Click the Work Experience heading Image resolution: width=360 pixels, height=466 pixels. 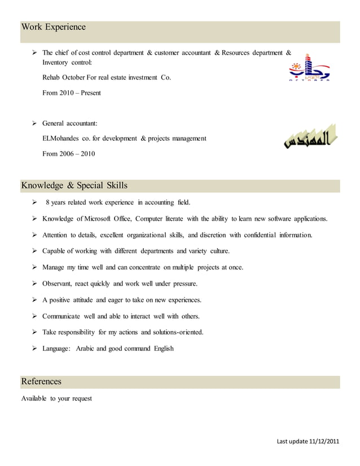(54, 27)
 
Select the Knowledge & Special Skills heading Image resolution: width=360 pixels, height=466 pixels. (74, 186)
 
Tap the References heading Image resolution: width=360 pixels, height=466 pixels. (41, 382)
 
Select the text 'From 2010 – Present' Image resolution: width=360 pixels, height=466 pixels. (71, 93)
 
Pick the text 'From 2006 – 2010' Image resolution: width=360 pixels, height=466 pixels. (69, 153)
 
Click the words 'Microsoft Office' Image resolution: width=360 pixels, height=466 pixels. (106, 218)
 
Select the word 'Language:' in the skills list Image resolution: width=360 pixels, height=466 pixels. (57, 349)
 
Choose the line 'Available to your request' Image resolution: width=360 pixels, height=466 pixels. (56, 399)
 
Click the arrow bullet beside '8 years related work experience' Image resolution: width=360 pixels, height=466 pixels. (34, 202)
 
